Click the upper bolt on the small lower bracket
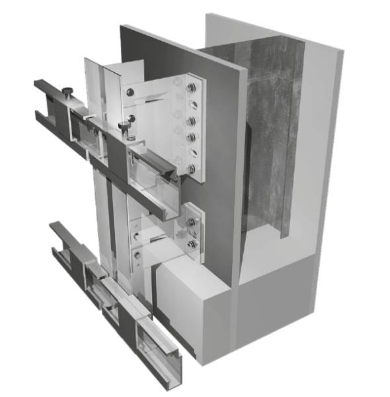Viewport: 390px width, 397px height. pos(190,222)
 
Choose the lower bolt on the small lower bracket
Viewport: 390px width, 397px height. pos(190,243)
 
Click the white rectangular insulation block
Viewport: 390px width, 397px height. pos(192,304)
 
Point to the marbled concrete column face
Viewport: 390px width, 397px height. pos(271,132)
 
